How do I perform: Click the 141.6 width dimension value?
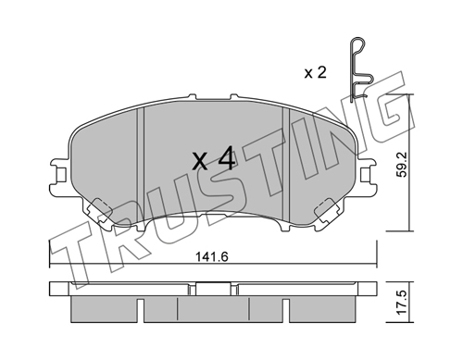[x=212, y=256]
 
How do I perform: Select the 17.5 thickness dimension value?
[x=402, y=303]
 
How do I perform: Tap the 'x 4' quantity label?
[x=214, y=158]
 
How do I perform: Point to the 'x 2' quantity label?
[x=315, y=73]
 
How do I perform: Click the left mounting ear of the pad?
[x=58, y=176]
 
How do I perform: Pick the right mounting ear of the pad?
[x=368, y=176]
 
